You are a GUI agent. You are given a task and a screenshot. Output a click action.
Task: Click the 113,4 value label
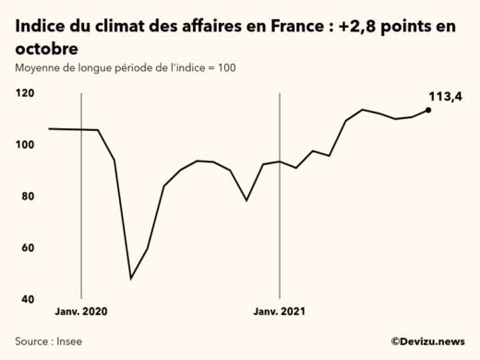coord(446,96)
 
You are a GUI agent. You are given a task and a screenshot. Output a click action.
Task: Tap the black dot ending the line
coord(428,110)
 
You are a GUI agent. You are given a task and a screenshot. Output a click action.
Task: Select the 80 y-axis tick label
coord(28,197)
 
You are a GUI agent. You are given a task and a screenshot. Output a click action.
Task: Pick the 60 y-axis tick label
coord(28,248)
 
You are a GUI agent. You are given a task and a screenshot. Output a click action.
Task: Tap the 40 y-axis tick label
coord(28,300)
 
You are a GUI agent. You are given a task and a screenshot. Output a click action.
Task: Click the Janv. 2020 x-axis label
coord(81,312)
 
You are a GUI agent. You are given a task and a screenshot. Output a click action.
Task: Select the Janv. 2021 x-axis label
coord(280,312)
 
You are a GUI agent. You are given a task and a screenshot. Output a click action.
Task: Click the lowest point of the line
coord(131,278)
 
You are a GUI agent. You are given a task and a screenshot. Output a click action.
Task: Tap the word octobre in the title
coord(46,47)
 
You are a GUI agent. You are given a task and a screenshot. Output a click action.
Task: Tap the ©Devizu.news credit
coord(427,341)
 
